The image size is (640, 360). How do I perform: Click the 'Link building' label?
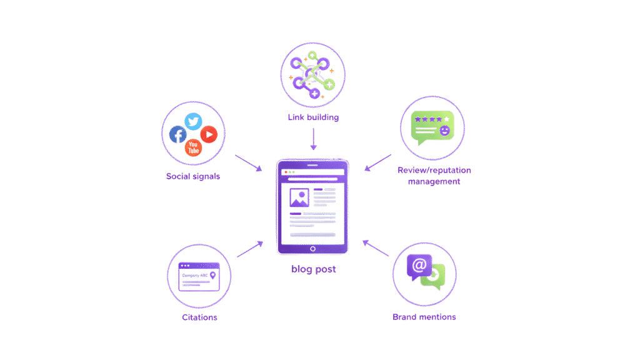tap(313, 117)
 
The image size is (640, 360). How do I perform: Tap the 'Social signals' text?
tap(193, 176)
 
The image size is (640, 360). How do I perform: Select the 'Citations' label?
tap(200, 317)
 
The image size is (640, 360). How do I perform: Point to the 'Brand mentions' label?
tap(424, 317)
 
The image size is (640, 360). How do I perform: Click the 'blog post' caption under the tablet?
tap(312, 270)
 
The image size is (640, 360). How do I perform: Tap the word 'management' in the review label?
tap(434, 182)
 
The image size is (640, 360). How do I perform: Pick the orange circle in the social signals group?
tap(193, 147)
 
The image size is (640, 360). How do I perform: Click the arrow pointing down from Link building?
tap(313, 138)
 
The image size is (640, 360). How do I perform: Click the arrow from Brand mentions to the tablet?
tap(377, 249)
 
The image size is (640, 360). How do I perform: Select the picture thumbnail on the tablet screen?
tap(298, 198)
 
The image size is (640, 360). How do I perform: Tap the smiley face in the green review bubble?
tap(444, 131)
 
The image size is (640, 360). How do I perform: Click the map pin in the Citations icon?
tap(213, 274)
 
